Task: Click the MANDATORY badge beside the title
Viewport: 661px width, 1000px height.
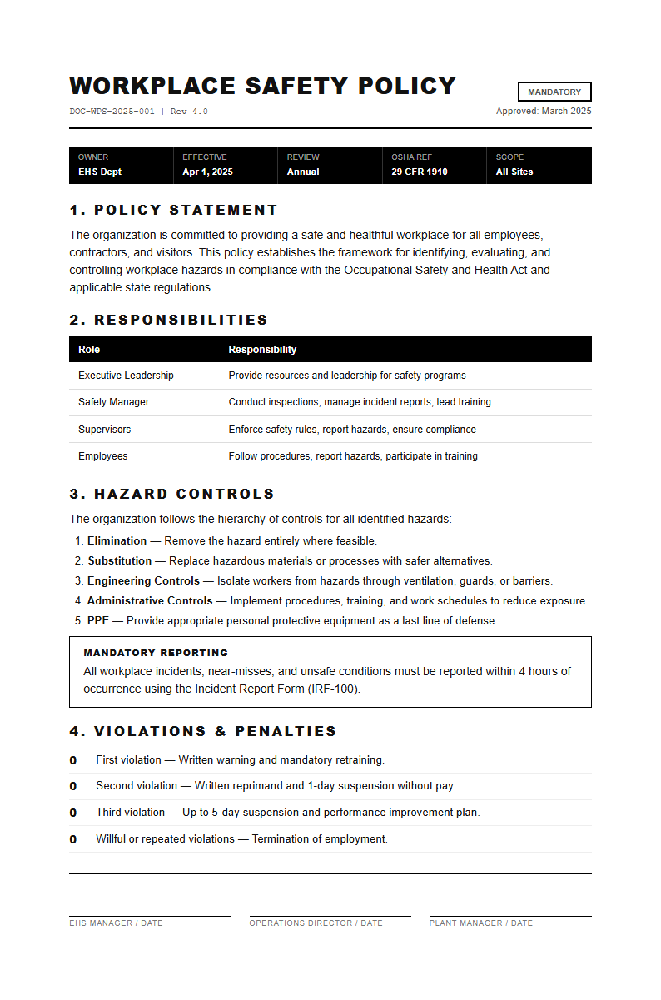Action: coord(554,92)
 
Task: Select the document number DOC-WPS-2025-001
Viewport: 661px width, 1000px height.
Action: coord(112,112)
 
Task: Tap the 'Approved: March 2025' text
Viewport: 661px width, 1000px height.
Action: coord(544,112)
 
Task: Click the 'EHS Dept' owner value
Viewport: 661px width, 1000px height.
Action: coord(100,172)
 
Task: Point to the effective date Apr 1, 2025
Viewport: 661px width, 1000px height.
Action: coord(207,172)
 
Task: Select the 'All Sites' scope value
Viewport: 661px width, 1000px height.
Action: coord(514,172)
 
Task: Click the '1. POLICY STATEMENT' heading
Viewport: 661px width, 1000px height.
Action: coord(173,210)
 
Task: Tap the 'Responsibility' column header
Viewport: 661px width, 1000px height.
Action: coord(262,350)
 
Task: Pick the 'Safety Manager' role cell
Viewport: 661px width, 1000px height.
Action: coord(113,402)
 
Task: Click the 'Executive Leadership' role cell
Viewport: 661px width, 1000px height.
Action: coord(126,376)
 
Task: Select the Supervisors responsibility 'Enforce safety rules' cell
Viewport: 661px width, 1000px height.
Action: coord(352,430)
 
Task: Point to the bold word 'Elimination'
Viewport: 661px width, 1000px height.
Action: coord(117,541)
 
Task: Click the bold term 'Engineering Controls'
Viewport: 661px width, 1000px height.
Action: coord(143,581)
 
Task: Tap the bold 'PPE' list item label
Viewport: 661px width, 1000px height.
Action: coord(98,621)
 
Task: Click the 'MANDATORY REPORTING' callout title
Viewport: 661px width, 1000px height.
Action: coord(156,653)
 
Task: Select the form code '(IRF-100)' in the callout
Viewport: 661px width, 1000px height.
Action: coord(334,689)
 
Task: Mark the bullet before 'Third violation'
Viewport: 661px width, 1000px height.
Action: coord(73,813)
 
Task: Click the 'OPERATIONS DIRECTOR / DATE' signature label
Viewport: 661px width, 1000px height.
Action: coord(316,923)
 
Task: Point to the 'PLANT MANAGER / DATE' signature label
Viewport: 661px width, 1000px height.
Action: coord(480,923)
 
